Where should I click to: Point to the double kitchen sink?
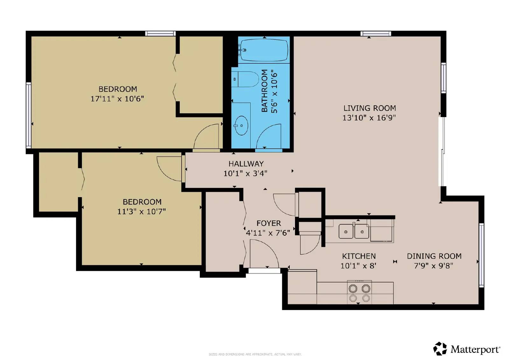(x=354, y=231)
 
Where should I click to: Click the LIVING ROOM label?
(x=369, y=108)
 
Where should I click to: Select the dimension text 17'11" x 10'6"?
(x=117, y=99)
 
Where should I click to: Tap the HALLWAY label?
(x=246, y=164)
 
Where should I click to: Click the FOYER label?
(x=268, y=223)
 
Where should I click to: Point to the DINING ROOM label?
(x=434, y=256)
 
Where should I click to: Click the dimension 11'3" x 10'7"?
(x=141, y=211)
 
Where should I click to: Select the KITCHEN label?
(x=359, y=256)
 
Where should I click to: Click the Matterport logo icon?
(x=440, y=349)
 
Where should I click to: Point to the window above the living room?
(x=375, y=33)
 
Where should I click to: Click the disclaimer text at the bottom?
(x=255, y=354)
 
